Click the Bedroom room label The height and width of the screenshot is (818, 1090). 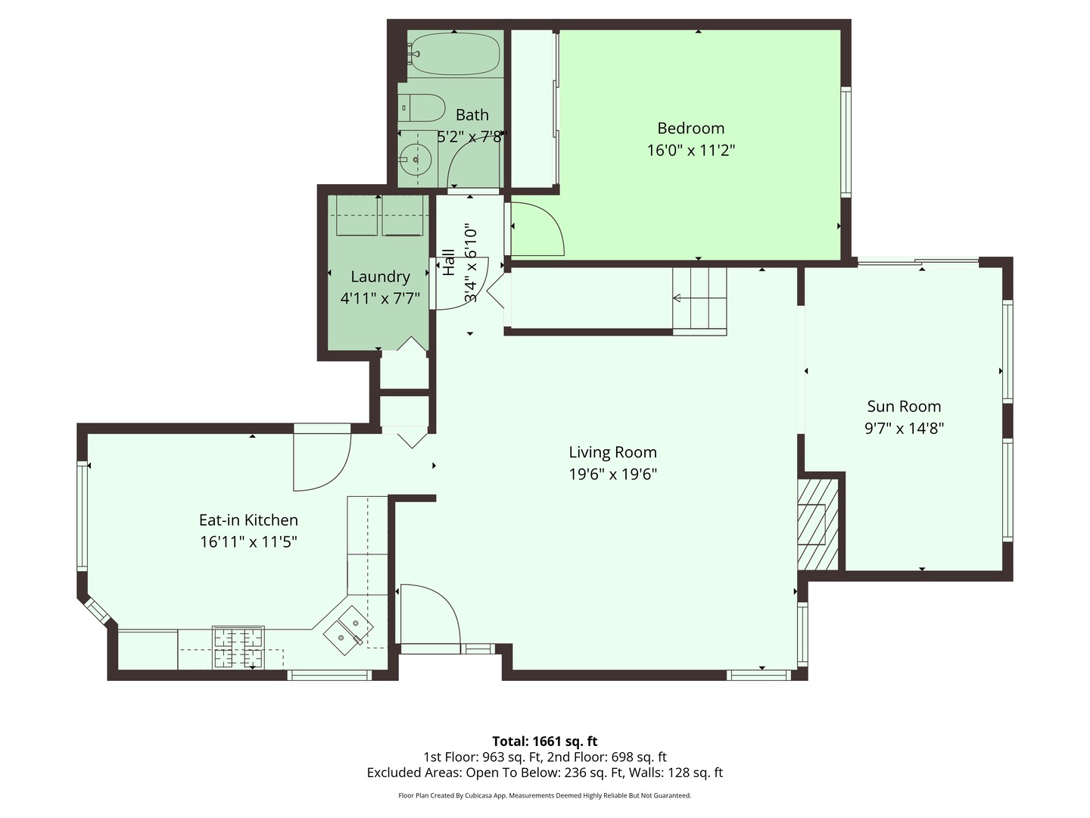tap(690, 128)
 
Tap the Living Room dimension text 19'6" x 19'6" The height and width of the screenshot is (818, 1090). tap(612, 474)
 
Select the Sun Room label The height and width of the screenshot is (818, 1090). tap(904, 407)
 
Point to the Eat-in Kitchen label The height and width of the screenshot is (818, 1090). tap(248, 520)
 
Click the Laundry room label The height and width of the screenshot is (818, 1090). tap(380, 277)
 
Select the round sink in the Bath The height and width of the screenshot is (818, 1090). tap(416, 160)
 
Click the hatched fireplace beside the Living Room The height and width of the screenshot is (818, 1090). tap(817, 523)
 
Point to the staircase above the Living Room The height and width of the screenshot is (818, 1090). tap(699, 301)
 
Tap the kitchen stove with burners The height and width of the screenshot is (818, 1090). tap(238, 648)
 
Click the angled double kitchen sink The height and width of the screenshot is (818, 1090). tap(349, 629)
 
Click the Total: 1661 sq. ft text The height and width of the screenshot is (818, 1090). tap(545, 741)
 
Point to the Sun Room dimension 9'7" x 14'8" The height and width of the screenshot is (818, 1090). tap(904, 429)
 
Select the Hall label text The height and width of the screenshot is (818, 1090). tap(449, 262)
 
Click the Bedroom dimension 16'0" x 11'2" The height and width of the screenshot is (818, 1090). tap(690, 150)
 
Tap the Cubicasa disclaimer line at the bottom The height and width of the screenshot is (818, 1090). tap(545, 795)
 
